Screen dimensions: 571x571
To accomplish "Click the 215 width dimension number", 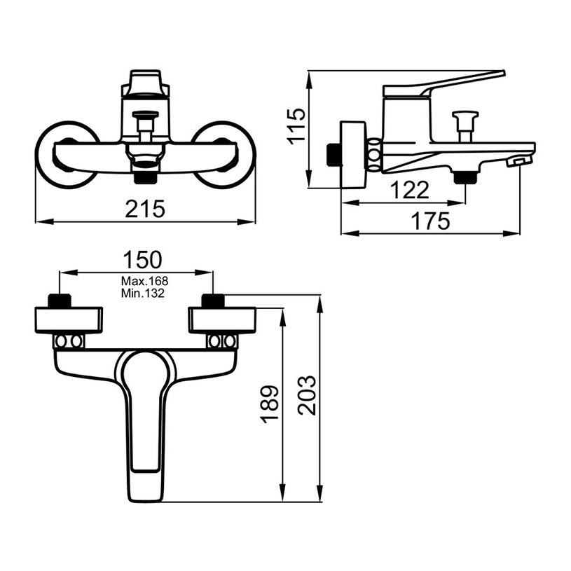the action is click(x=145, y=209).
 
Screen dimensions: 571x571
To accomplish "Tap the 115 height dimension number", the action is click(x=296, y=126).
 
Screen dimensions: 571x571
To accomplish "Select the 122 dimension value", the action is click(x=410, y=190).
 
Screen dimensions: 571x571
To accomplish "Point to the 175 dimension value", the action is click(x=430, y=221).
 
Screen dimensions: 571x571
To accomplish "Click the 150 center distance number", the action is click(x=142, y=260).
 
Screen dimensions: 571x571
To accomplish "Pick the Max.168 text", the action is click(x=144, y=281).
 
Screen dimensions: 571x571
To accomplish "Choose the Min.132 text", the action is click(x=143, y=293).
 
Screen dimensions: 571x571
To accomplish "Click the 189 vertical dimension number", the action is click(x=270, y=404).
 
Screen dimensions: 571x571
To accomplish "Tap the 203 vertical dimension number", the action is click(x=307, y=395).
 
